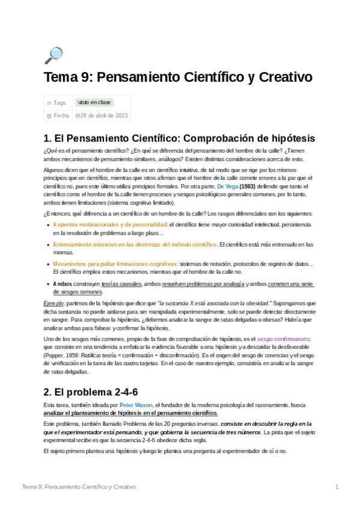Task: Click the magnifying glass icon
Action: coord(53,55)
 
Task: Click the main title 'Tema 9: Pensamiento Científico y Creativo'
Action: coord(178,78)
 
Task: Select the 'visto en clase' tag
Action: coord(94,103)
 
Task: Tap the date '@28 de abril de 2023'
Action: coord(100,115)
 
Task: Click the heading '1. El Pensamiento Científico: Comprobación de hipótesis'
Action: coord(179,138)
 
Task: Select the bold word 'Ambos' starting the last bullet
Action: coord(63,284)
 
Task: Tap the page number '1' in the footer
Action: coord(337,486)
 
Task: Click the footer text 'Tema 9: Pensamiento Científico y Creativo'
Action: coord(79,486)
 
